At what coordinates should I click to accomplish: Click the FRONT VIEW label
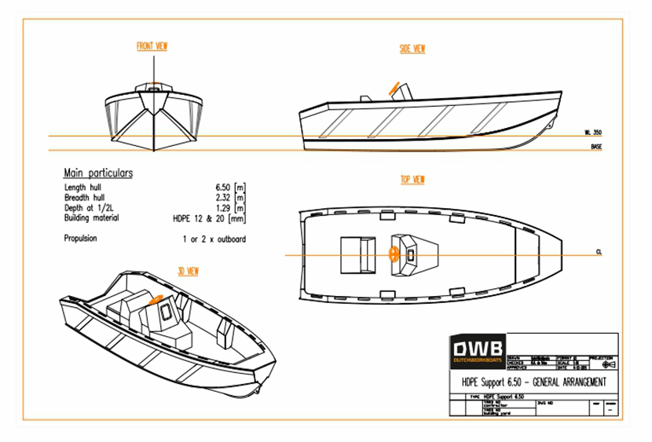152,47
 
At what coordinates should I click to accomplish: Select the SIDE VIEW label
412,49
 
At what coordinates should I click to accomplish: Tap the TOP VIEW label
412,180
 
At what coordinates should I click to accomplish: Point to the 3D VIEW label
188,272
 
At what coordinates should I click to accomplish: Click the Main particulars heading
98,174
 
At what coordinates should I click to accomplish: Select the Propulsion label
81,238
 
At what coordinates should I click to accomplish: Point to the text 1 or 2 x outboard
214,238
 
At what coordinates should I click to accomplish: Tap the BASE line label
596,147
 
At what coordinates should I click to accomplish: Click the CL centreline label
599,253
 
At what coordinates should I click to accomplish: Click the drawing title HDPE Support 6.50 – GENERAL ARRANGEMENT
534,382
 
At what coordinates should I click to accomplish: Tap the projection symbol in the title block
606,364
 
